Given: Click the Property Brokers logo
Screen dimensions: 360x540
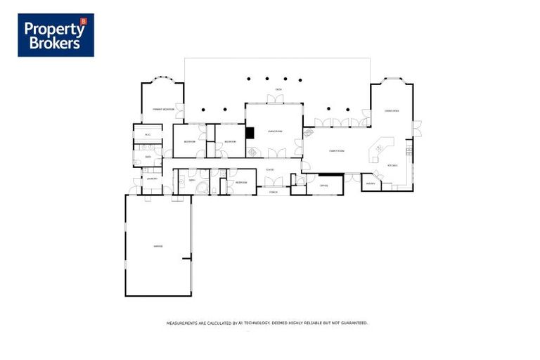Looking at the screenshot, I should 56,35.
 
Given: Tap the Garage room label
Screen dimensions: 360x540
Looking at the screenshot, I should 157,245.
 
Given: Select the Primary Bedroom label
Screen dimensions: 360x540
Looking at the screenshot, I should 163,110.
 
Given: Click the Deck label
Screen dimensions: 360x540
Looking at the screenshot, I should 279,90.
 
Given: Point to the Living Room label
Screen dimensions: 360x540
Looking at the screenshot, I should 274,131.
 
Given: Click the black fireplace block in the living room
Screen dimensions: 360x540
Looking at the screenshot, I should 249,132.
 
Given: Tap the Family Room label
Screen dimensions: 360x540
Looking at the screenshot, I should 337,151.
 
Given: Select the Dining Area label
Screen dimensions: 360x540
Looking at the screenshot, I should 392,111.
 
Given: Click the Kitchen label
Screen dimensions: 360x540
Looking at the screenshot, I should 392,166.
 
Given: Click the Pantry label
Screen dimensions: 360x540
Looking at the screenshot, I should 371,184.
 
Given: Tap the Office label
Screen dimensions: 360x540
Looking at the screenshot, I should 324,186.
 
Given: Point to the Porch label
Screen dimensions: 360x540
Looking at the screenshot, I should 273,192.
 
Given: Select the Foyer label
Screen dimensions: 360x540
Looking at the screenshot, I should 270,170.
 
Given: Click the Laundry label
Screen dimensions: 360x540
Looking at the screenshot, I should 152,179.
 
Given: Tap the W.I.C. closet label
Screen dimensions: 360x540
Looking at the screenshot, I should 148,134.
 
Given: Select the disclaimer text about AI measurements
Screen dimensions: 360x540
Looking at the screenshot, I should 267,323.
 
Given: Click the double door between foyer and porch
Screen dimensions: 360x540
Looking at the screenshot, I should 274,182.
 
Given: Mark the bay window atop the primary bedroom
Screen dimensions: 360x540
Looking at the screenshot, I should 162,79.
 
